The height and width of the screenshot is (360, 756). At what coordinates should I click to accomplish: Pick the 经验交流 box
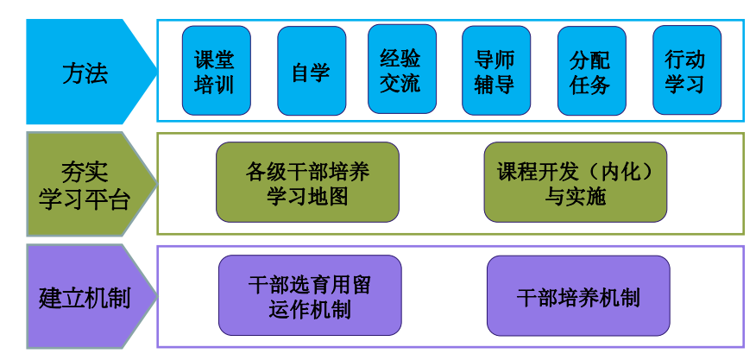tap(401, 71)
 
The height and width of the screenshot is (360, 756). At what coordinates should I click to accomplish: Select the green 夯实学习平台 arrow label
tap(85, 185)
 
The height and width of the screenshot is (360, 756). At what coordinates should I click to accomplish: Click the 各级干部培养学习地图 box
tap(307, 183)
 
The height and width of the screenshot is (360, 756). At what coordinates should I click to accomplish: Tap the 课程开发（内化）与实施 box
tap(575, 183)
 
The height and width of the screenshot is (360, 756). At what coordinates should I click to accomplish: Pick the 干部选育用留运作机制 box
tap(309, 296)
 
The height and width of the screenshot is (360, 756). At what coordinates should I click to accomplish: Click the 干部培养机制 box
tap(578, 296)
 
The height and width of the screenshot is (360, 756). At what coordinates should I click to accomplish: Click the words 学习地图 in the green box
tap(307, 196)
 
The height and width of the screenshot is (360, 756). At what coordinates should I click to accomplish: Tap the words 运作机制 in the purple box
tap(309, 309)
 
